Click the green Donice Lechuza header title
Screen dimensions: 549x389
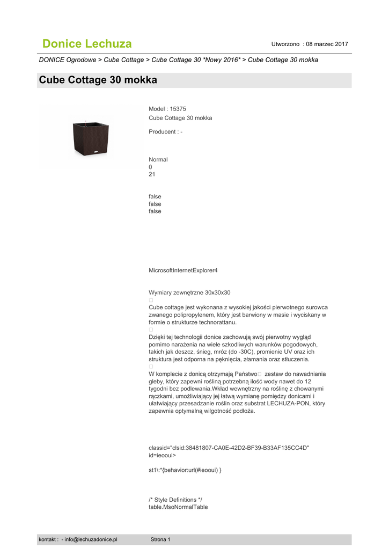point(87,44)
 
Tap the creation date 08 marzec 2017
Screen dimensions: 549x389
point(327,44)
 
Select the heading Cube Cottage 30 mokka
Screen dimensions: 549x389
point(98,80)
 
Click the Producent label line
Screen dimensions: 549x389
point(165,132)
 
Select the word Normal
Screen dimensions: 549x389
point(158,159)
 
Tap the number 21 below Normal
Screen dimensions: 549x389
point(152,174)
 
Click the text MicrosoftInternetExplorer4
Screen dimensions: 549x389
point(183,270)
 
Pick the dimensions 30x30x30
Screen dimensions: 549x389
point(218,293)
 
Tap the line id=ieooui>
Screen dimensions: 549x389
point(162,455)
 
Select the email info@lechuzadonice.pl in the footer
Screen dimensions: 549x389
point(91,539)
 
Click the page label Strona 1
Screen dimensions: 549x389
point(160,539)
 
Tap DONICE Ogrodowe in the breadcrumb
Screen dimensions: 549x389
point(68,60)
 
